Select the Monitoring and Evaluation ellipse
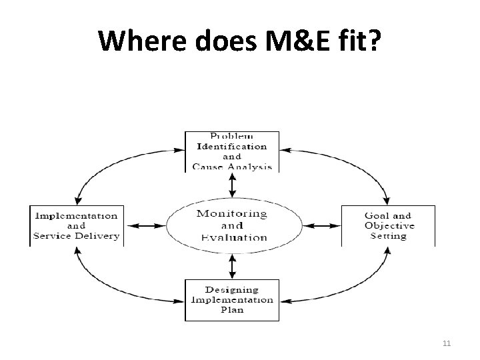click(x=231, y=225)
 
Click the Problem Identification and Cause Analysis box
click(x=231, y=151)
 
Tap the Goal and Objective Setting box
click(x=388, y=226)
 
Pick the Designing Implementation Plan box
click(x=231, y=299)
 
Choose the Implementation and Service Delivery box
click(x=77, y=226)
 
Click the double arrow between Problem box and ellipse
click(x=231, y=185)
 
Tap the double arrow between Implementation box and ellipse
click(x=145, y=226)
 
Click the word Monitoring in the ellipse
click(x=231, y=214)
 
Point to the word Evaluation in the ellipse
click(x=233, y=237)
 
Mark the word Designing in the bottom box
click(x=231, y=289)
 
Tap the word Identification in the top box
click(x=231, y=146)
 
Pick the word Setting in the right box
click(x=388, y=236)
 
